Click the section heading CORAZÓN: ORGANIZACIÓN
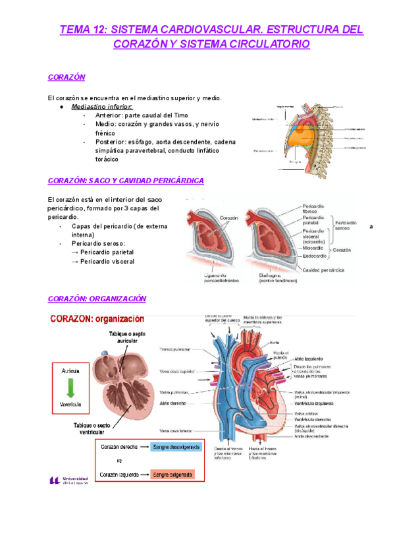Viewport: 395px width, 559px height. click(x=97, y=299)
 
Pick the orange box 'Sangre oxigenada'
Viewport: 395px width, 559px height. click(x=172, y=474)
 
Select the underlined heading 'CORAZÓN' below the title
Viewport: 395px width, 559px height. click(x=66, y=77)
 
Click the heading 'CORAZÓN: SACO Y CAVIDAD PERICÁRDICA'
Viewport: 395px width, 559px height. click(x=126, y=180)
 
